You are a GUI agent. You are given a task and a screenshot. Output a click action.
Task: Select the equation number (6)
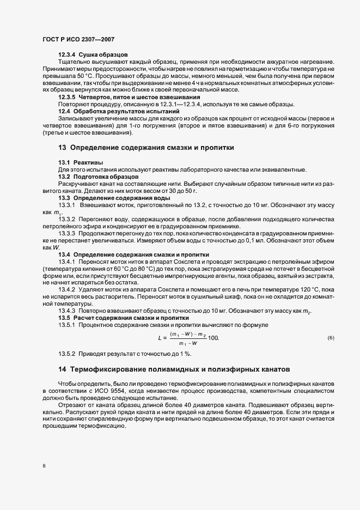pos(331,338)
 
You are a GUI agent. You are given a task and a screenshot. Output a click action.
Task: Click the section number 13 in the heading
pos(62,147)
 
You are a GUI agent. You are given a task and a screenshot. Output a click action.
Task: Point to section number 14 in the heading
pos(62,370)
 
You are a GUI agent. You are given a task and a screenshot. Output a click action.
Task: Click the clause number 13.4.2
pos(68,289)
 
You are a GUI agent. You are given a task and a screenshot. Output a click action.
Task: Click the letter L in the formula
pos(160,338)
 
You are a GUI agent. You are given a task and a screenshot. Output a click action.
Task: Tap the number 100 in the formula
pos(213,338)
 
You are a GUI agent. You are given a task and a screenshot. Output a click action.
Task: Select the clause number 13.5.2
pos(68,354)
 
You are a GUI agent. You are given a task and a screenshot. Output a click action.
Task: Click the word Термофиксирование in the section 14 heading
pos(109,370)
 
